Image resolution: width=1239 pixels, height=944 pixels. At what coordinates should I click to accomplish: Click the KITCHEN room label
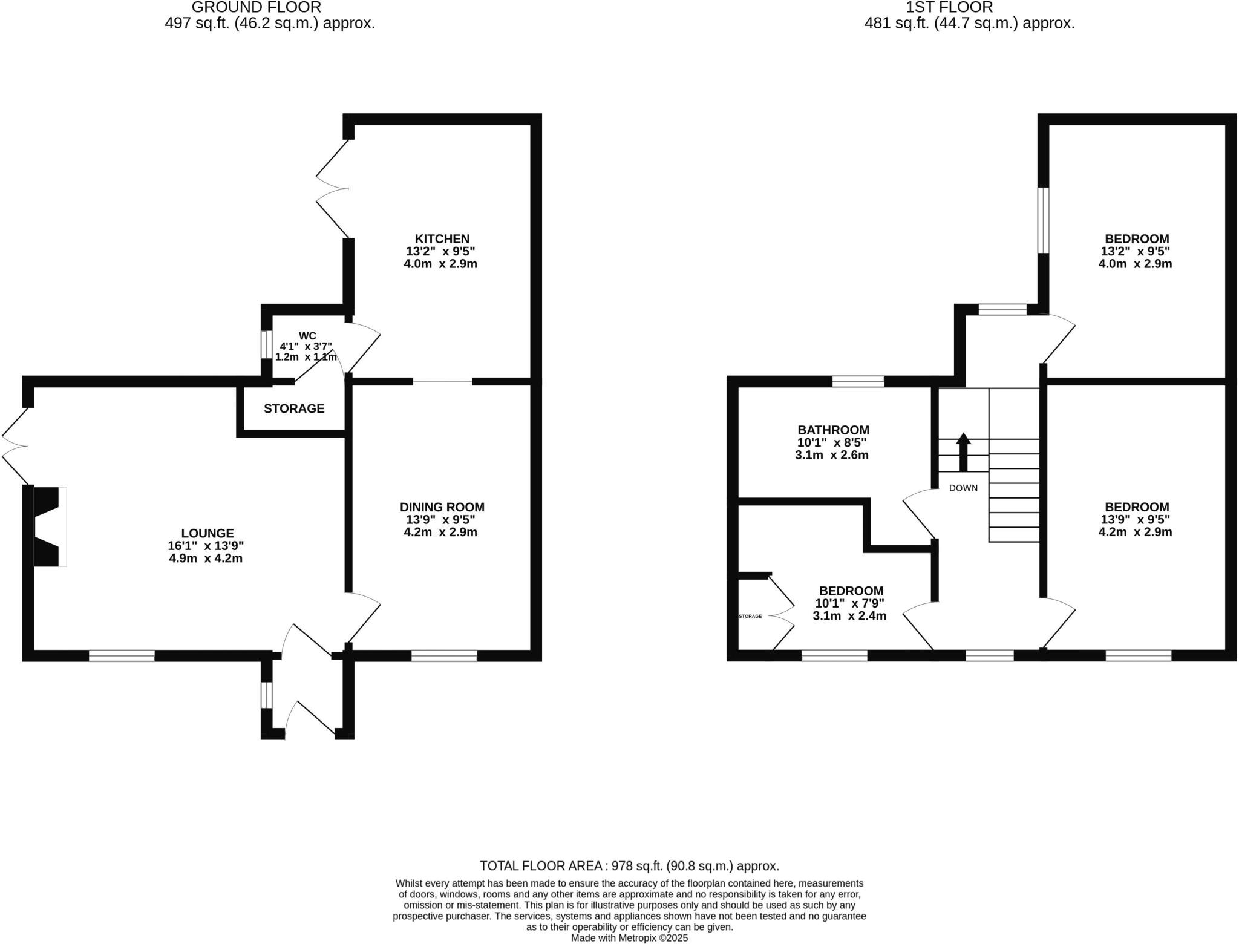click(x=442, y=238)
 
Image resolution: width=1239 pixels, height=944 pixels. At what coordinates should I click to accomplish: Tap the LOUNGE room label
click(x=207, y=533)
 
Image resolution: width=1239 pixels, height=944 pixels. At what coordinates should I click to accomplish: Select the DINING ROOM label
click(x=442, y=507)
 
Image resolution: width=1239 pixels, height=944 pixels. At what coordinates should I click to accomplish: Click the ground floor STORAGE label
click(x=294, y=408)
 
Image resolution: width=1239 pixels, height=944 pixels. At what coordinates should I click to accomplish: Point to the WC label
click(x=307, y=336)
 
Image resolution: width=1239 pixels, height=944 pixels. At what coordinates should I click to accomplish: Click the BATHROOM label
click(x=833, y=430)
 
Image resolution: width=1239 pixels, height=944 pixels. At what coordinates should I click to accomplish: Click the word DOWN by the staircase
click(x=963, y=488)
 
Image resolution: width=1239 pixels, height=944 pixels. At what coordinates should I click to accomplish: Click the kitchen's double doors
click(x=333, y=189)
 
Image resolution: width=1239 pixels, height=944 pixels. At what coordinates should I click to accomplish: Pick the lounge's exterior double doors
click(x=15, y=447)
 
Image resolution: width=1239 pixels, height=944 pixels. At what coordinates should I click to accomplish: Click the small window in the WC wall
click(x=267, y=344)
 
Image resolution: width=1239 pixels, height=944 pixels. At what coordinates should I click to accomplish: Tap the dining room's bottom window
click(x=444, y=655)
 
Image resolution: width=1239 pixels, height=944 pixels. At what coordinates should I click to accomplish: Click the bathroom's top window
click(x=858, y=381)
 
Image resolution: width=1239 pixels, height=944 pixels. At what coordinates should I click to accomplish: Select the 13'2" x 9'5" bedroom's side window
click(x=1043, y=220)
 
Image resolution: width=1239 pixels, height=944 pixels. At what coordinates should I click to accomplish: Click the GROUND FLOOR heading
click(x=256, y=7)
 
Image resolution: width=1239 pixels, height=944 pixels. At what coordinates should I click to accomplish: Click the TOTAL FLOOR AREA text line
click(x=629, y=866)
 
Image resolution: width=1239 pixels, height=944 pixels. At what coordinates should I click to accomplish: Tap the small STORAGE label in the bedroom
click(x=750, y=616)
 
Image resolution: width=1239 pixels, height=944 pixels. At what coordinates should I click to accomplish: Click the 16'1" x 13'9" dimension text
click(x=206, y=545)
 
